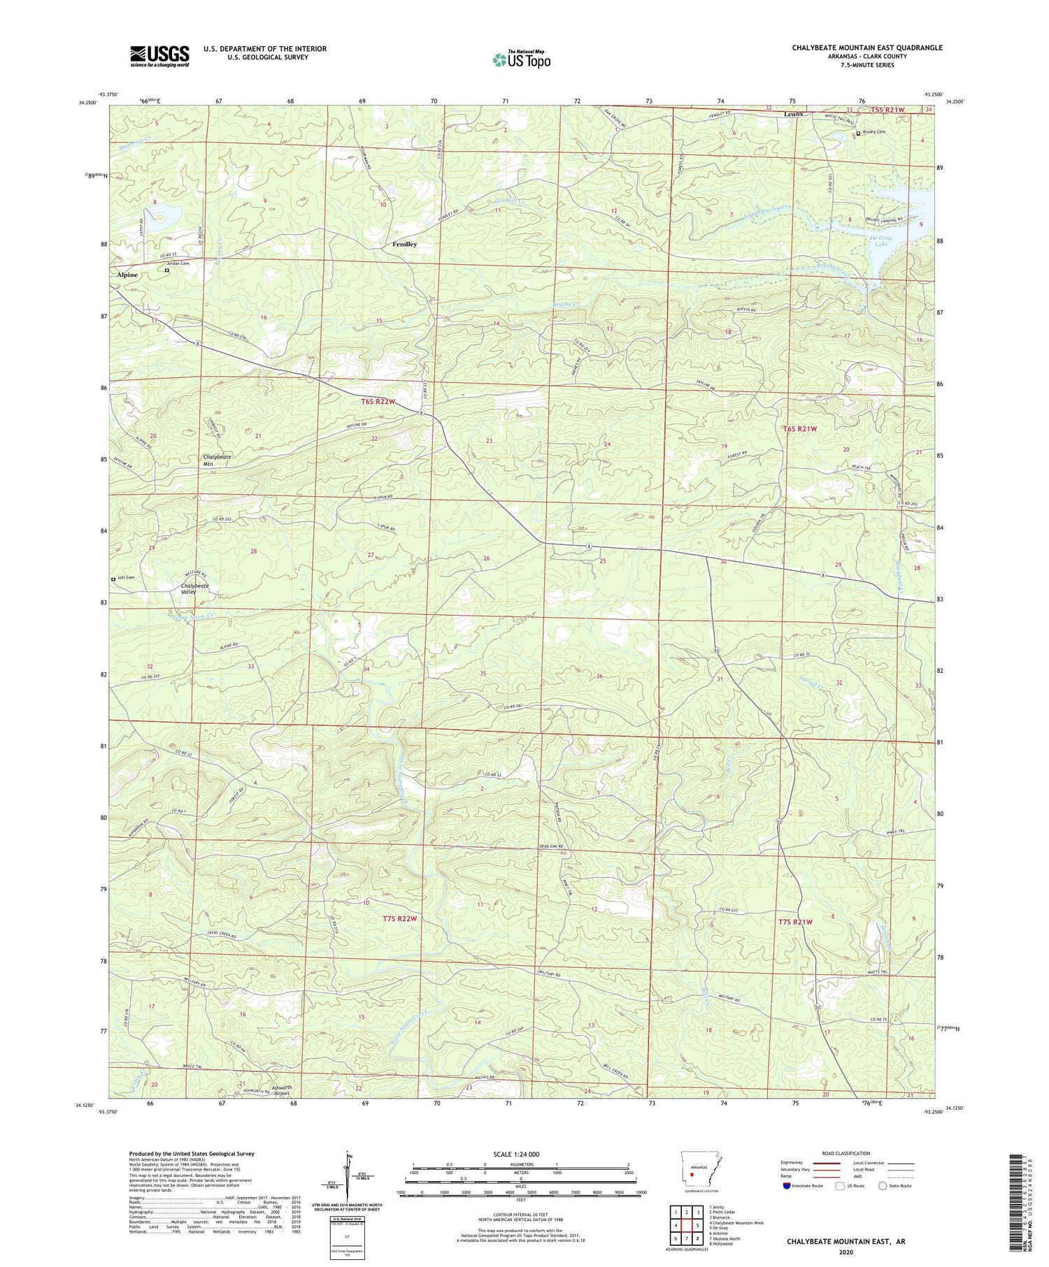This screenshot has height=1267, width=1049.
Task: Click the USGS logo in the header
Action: [159, 56]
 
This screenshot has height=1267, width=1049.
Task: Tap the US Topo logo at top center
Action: [521, 59]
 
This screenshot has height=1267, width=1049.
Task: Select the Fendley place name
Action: [404, 245]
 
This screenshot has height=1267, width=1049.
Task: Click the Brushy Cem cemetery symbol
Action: [858, 133]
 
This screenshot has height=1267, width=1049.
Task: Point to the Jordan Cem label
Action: [176, 263]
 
